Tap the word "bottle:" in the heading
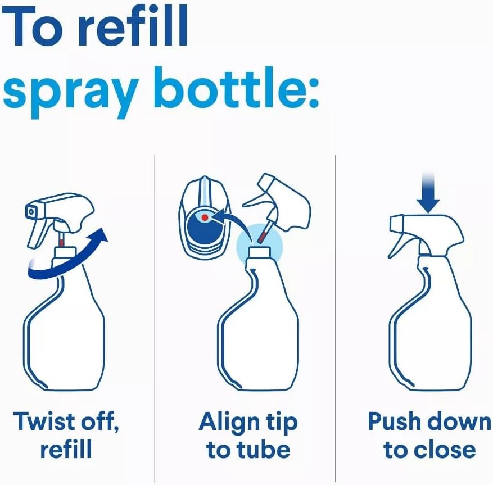[x=236, y=88]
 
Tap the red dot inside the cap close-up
[x=205, y=217]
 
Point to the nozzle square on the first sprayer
[x=31, y=211]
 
